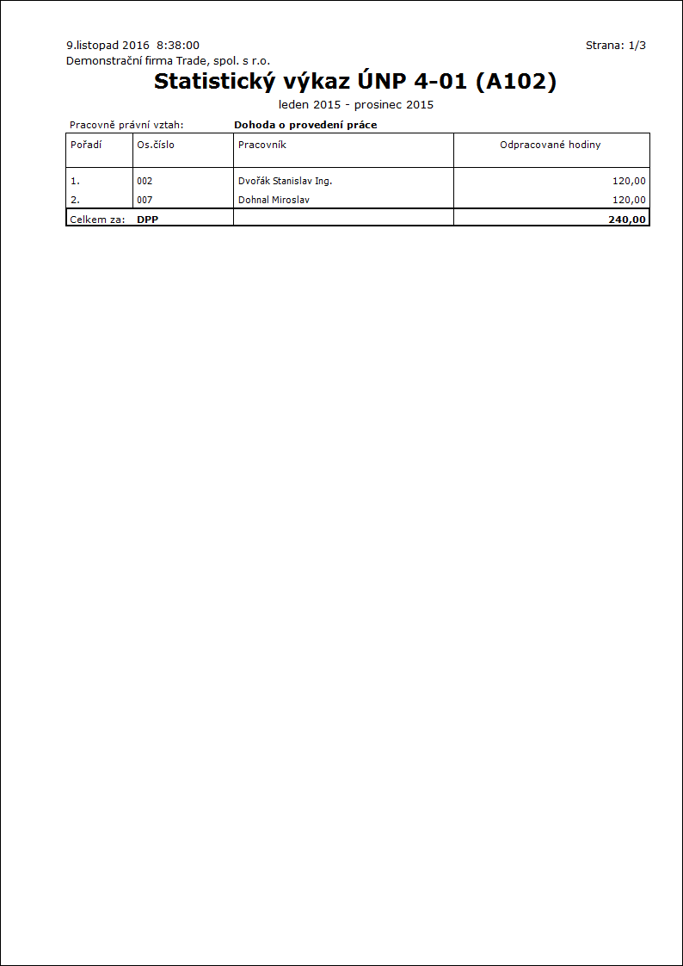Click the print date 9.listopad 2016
[x=108, y=45]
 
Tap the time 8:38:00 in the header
[x=178, y=45]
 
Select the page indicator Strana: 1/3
[x=615, y=46]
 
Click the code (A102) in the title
[x=521, y=82]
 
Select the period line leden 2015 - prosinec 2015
[x=356, y=105]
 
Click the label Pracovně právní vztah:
[x=126, y=125]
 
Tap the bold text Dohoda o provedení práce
[x=305, y=125]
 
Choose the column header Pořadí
[x=86, y=145]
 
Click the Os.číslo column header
[x=156, y=145]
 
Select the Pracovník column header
[x=262, y=145]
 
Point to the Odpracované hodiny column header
[x=551, y=145]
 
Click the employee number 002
[x=145, y=182]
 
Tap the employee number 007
[x=145, y=200]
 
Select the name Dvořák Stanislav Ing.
[x=285, y=182]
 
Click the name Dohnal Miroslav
[x=274, y=200]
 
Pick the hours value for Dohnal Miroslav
[x=628, y=200]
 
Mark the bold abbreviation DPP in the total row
[x=148, y=220]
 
